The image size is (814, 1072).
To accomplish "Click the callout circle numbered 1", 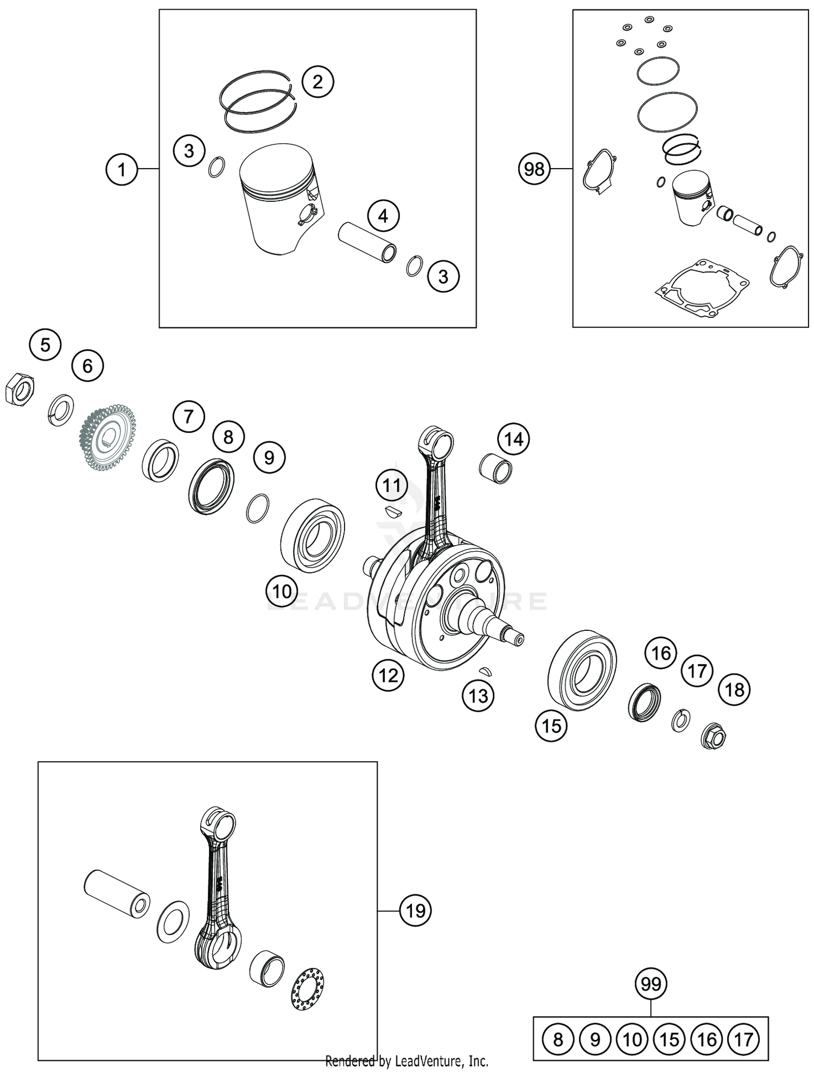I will pyautogui.click(x=122, y=169).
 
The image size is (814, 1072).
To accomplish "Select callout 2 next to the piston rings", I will pyautogui.click(x=317, y=82).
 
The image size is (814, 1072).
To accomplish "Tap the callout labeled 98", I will pyautogui.click(x=534, y=169).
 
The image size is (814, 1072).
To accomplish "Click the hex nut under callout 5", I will pyautogui.click(x=20, y=388).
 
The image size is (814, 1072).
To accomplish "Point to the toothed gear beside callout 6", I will pyautogui.click(x=107, y=436).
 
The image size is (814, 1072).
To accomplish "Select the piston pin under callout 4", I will pyautogui.click(x=367, y=241).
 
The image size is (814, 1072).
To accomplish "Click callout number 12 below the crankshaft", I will pyautogui.click(x=388, y=675).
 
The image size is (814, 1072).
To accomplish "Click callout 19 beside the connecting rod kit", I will pyautogui.click(x=415, y=911).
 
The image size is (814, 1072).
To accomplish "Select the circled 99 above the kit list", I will pyautogui.click(x=651, y=983).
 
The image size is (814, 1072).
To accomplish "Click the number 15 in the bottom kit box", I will pyautogui.click(x=669, y=1039).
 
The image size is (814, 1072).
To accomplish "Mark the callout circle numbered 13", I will pyautogui.click(x=478, y=695).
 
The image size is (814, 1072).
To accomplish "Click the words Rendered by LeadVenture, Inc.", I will pyautogui.click(x=406, y=1061).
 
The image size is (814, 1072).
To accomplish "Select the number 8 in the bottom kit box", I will pyautogui.click(x=558, y=1039).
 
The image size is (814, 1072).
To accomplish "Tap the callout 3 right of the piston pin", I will pyautogui.click(x=443, y=277).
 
